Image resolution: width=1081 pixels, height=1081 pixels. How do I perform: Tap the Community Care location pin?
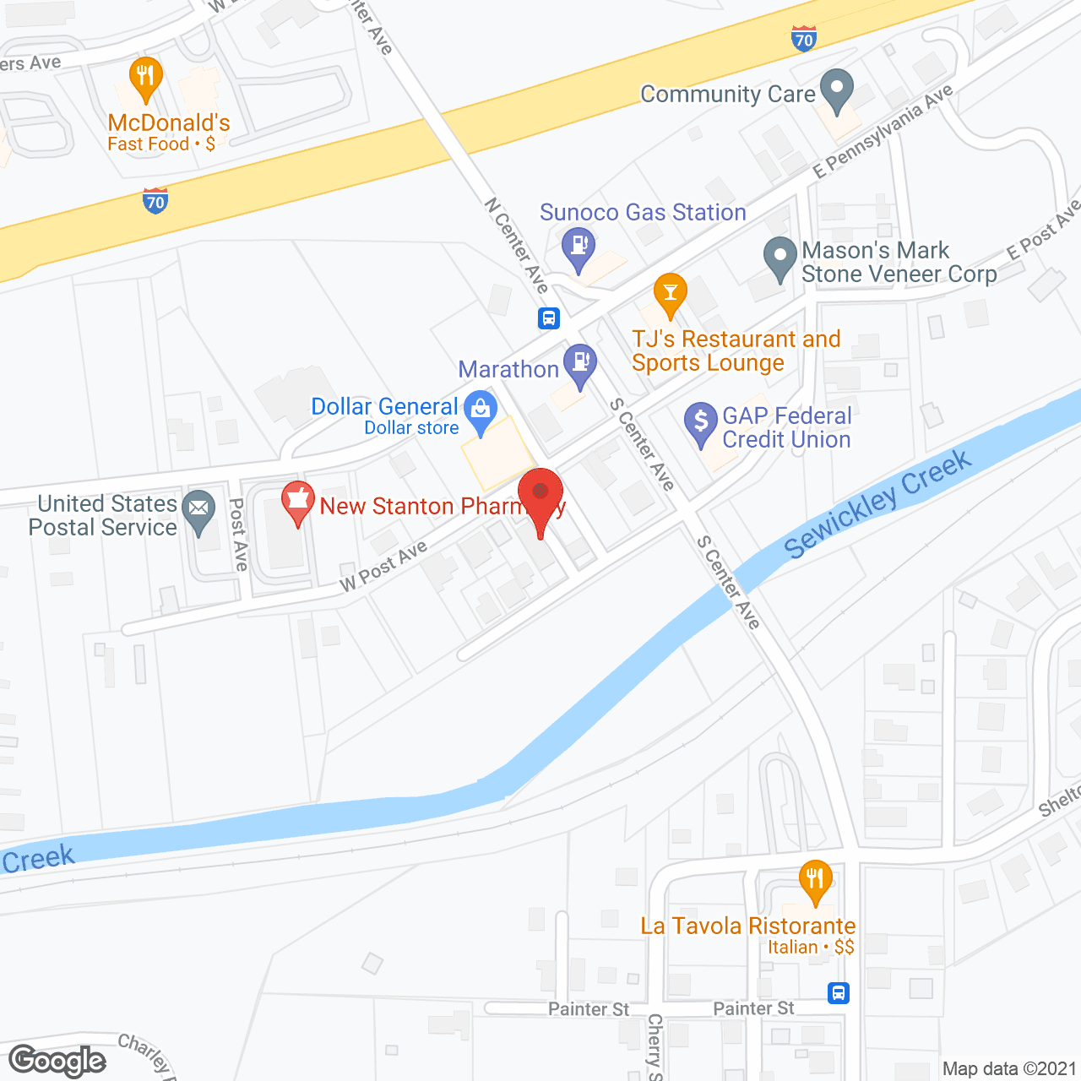click(837, 89)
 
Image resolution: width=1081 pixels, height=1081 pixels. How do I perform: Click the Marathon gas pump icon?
click(580, 362)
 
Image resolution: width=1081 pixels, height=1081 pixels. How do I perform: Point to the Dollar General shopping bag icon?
click(481, 410)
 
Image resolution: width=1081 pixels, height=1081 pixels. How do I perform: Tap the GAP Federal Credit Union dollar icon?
click(700, 421)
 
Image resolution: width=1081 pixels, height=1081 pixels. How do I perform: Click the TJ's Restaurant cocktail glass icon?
click(671, 293)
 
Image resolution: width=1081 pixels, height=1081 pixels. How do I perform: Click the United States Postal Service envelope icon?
click(199, 508)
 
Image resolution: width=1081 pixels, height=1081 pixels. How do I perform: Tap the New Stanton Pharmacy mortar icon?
click(297, 500)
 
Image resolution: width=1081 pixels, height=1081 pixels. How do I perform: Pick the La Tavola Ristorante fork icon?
click(815, 879)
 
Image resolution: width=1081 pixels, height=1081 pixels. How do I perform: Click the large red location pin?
click(540, 494)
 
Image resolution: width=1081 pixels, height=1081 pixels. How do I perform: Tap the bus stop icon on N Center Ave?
click(549, 318)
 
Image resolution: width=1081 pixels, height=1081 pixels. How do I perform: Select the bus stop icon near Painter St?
click(838, 992)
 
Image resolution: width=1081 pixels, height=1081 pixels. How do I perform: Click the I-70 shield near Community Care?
click(804, 38)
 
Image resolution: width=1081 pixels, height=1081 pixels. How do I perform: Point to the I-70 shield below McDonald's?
click(155, 201)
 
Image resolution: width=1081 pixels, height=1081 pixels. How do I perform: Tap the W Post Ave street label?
click(383, 567)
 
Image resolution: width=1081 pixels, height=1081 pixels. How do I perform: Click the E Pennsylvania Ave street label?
click(883, 132)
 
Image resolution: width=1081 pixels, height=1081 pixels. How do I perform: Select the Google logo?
click(57, 1061)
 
